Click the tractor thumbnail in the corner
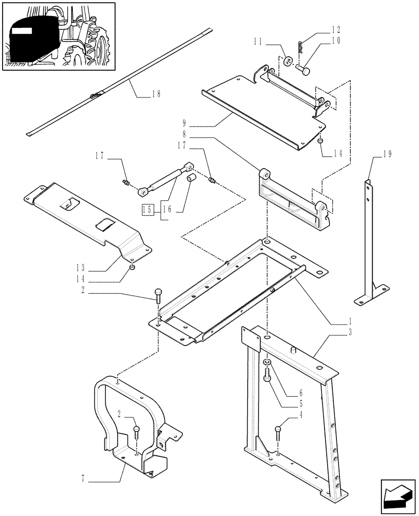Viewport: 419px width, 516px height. [x=58, y=36]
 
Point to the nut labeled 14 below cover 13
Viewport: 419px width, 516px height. [x=133, y=267]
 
